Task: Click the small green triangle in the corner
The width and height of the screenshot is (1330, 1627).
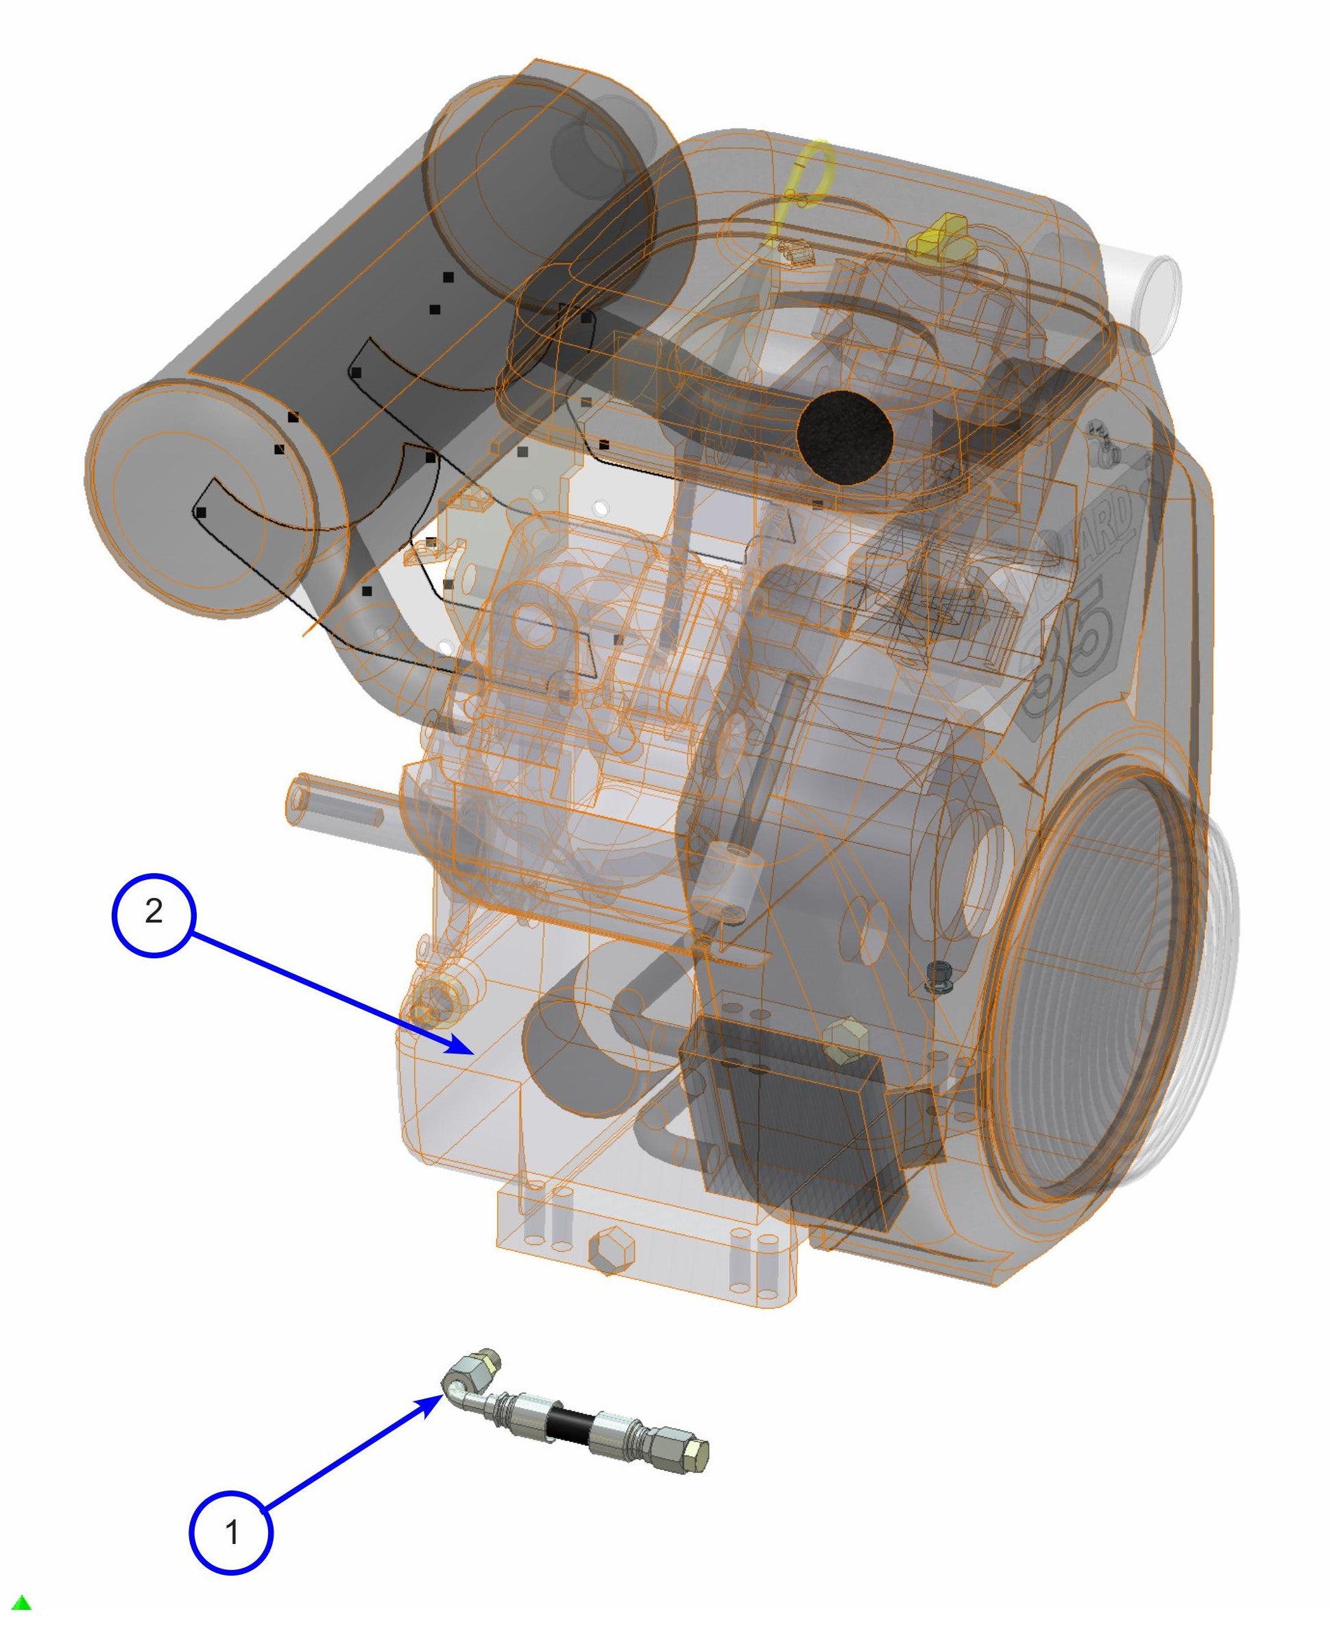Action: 21,1602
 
